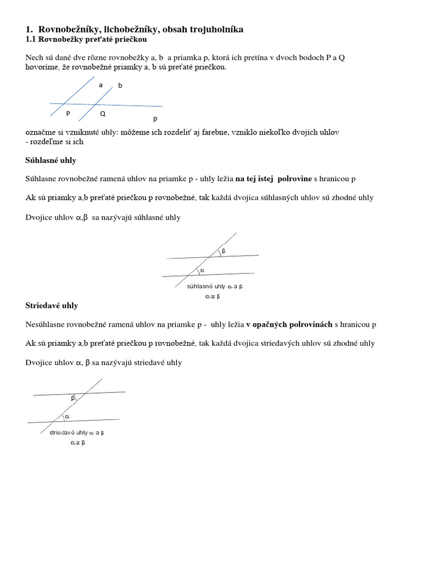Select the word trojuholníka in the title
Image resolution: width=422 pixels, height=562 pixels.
click(x=215, y=29)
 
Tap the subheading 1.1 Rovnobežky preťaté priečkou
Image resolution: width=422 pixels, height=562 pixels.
click(x=86, y=40)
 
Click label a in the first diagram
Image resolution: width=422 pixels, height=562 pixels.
click(x=101, y=85)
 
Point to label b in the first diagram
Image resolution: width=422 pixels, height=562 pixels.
click(x=120, y=86)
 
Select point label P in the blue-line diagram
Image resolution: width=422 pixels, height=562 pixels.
click(x=68, y=114)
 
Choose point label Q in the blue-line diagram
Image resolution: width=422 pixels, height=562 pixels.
click(x=103, y=114)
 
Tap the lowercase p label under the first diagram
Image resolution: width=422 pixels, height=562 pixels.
click(x=155, y=118)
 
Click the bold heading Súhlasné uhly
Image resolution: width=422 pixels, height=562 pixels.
click(x=51, y=160)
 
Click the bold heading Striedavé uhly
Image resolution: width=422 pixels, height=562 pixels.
click(x=52, y=305)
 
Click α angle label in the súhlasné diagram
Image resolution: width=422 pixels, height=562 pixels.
click(x=202, y=271)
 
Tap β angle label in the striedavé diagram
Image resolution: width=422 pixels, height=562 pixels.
click(x=73, y=398)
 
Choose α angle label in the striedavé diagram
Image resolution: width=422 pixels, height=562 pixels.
click(x=68, y=417)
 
